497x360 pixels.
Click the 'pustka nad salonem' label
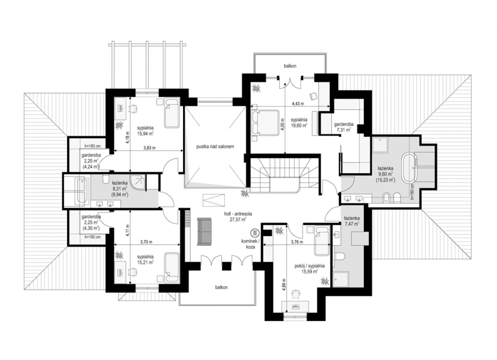point(215,147)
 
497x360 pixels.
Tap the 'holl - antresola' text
point(238,214)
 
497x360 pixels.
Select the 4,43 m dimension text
point(298,103)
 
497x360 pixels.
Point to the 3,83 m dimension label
point(149,148)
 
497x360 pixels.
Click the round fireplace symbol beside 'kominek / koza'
point(255,233)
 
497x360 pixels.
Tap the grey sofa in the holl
point(204,232)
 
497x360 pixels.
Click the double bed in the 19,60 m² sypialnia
point(265,122)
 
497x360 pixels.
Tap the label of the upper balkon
point(290,66)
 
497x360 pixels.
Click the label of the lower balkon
point(221,287)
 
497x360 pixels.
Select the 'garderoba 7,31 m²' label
point(344,127)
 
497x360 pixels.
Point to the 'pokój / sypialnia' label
point(309,266)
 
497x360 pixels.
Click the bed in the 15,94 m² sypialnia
point(172,113)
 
